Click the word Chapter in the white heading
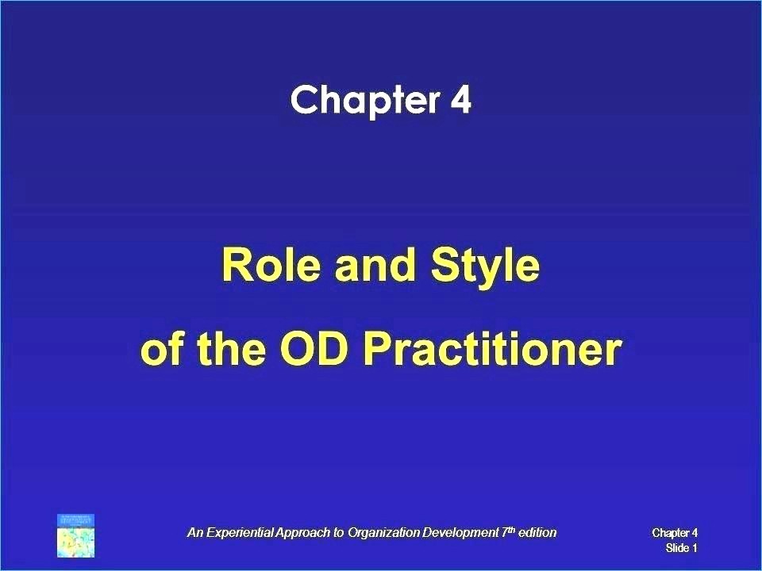(x=364, y=100)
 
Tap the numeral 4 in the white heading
(x=460, y=100)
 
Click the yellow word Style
(x=485, y=268)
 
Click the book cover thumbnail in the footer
(x=76, y=535)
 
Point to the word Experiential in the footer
(x=240, y=533)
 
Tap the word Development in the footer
(x=460, y=533)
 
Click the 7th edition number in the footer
(x=507, y=532)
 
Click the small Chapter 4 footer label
(x=675, y=533)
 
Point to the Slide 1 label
(x=681, y=548)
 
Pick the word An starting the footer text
(x=195, y=533)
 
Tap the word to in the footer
(x=339, y=533)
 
